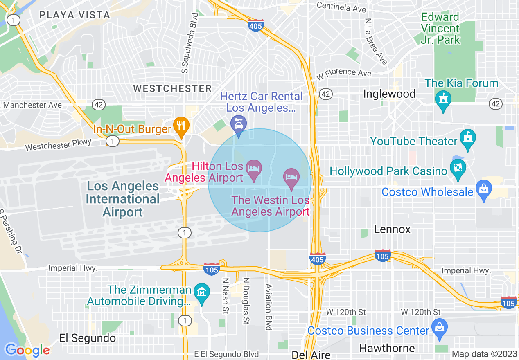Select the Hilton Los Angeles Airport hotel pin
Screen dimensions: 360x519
pos(254,169)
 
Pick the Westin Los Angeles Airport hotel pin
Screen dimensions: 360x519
pos(291,178)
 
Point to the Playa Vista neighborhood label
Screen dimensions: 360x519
pos(75,15)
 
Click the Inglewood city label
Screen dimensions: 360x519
pos(389,94)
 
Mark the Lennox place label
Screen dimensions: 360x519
pos(392,229)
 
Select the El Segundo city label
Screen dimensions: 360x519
pos(88,338)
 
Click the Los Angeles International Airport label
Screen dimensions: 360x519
pos(123,199)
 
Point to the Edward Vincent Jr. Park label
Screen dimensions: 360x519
pos(440,28)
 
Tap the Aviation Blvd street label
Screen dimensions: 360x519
pos(269,307)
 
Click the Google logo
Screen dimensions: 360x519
pos(27,351)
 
